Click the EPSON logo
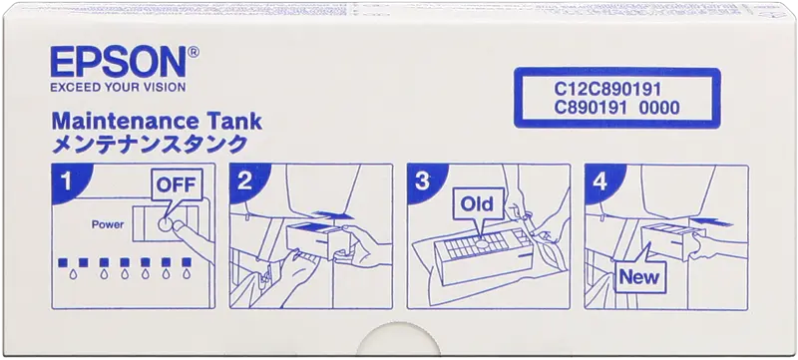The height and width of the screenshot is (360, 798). (x=118, y=62)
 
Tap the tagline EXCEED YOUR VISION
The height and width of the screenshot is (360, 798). (x=118, y=88)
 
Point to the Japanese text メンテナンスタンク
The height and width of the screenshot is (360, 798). (x=150, y=144)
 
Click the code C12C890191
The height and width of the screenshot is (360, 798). (x=607, y=90)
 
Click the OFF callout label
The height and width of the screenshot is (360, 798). (x=176, y=184)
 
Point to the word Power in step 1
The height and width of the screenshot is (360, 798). (x=108, y=224)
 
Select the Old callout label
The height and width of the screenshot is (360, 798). (x=477, y=203)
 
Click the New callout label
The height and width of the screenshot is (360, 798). (x=639, y=277)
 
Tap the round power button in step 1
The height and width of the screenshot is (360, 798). (x=165, y=223)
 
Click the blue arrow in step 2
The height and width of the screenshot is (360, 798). (x=332, y=215)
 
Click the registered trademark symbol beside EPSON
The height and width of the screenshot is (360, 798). (x=194, y=51)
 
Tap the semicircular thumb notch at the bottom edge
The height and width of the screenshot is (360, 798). (x=398, y=340)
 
